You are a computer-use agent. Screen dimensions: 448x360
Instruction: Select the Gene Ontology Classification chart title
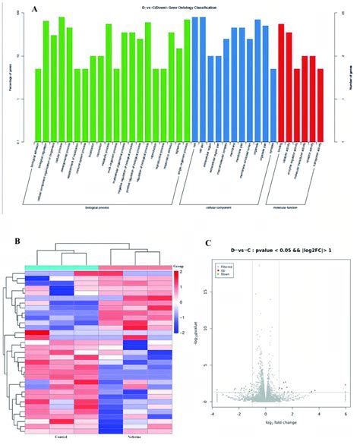[179, 8]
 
